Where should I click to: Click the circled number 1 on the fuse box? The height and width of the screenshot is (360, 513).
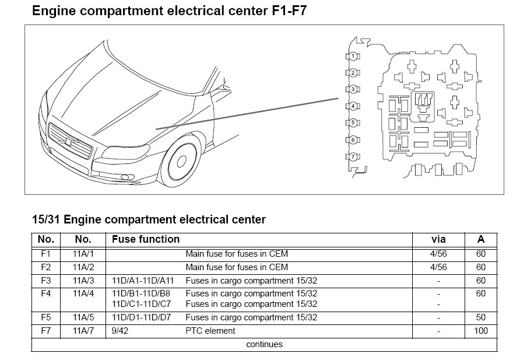tap(353, 56)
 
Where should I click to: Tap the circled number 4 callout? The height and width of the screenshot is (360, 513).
tap(353, 107)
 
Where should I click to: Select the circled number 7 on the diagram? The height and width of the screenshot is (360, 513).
tap(353, 157)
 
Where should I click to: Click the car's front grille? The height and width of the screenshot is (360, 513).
tap(71, 144)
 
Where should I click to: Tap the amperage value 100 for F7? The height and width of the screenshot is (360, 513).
tap(480, 331)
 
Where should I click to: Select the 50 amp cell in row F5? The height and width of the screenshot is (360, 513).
tap(480, 317)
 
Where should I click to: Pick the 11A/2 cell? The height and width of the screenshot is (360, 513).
tap(83, 267)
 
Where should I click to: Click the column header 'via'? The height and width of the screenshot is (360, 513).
tap(438, 239)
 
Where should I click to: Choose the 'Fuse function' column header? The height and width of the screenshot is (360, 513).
tap(146, 239)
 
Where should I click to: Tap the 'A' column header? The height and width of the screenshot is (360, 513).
tap(480, 239)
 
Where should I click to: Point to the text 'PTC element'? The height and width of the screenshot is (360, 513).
tap(210, 331)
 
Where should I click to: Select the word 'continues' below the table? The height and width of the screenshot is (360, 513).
tap(264, 344)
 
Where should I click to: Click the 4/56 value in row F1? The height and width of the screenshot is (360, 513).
tap(438, 254)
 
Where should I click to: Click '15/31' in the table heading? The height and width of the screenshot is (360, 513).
tap(47, 220)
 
